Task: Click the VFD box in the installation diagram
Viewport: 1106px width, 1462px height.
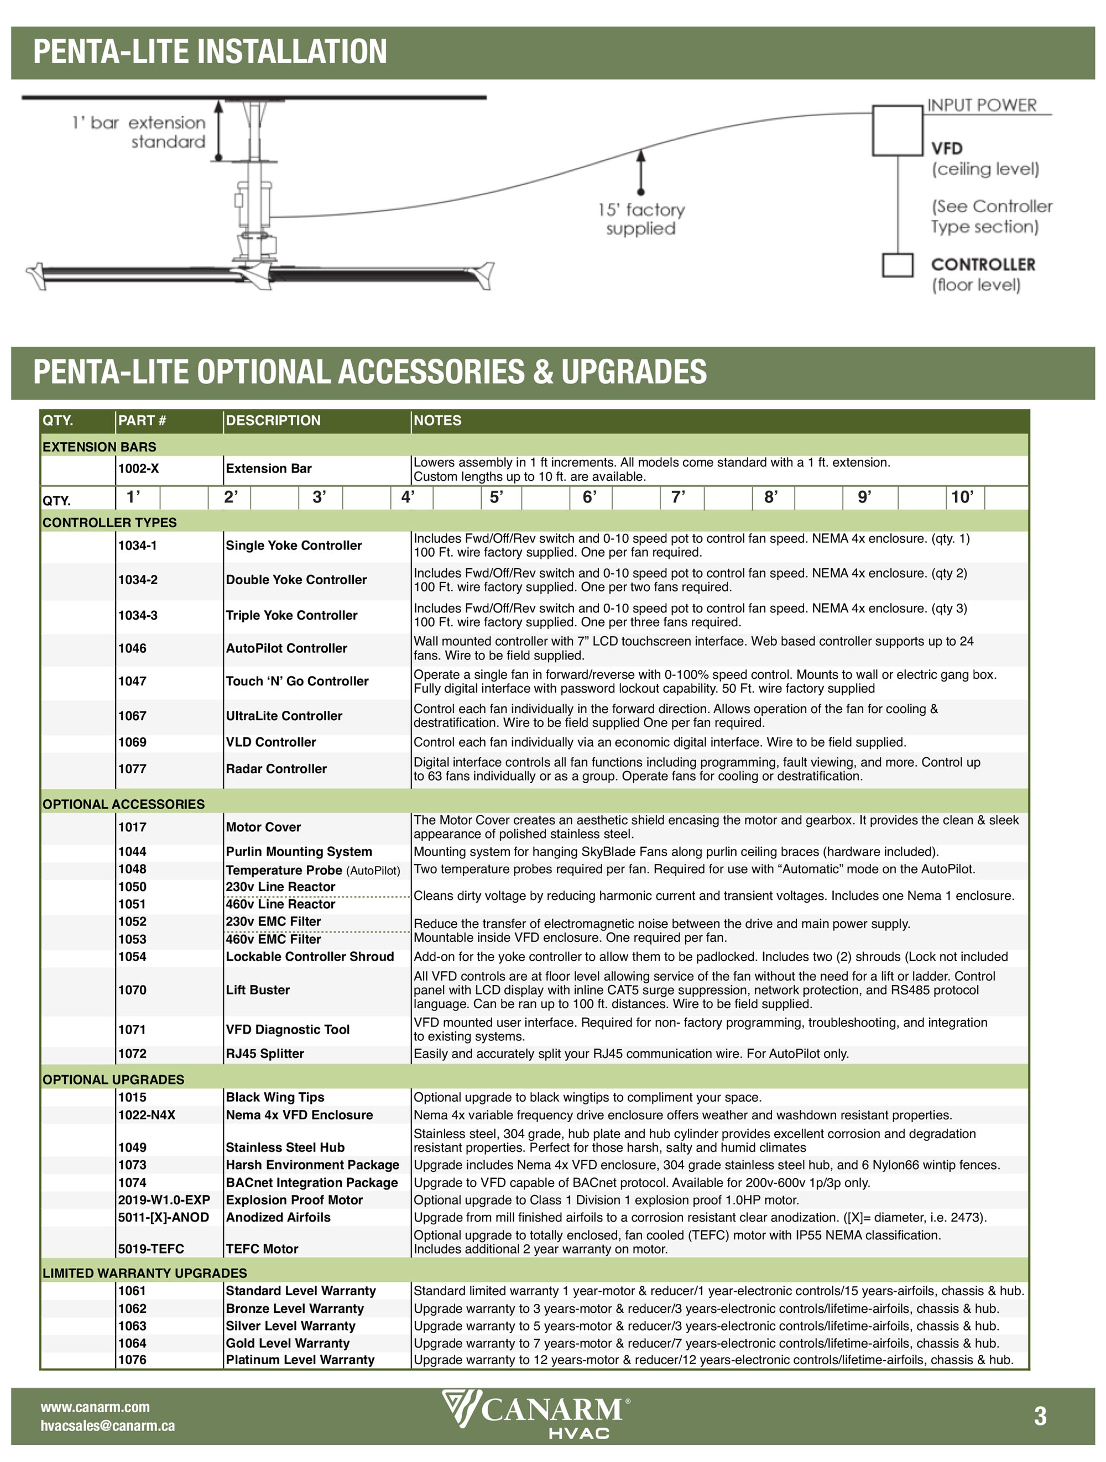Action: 896,130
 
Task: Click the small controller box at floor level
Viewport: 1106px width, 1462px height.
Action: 897,265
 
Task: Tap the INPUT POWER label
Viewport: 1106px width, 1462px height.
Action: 981,105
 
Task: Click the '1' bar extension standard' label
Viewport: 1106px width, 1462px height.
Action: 139,132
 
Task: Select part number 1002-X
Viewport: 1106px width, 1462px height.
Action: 138,469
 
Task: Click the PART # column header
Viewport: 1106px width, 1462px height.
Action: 142,420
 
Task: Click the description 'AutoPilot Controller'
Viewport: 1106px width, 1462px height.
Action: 286,648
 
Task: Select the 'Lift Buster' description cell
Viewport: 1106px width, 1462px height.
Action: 258,990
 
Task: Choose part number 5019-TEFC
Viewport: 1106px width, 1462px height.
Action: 151,1249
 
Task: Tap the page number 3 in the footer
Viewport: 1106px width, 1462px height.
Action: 1040,1416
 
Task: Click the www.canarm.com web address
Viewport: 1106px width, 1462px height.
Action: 95,1407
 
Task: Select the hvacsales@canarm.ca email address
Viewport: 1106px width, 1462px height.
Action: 108,1426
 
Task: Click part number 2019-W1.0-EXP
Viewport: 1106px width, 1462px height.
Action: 164,1199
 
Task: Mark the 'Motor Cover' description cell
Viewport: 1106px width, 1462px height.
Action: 263,827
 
